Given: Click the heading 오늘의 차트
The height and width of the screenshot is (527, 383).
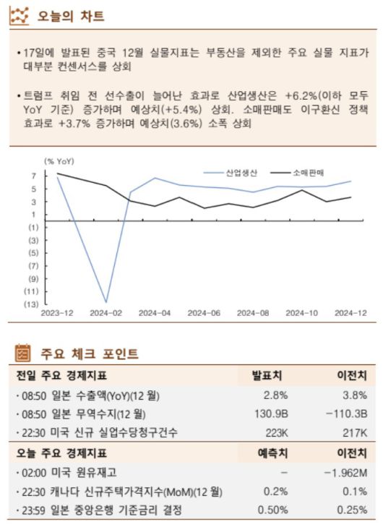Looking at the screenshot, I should [x=70, y=15].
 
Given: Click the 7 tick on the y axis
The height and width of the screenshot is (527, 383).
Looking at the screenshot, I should [x=33, y=176].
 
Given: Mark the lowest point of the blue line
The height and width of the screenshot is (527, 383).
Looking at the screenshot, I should [x=106, y=302].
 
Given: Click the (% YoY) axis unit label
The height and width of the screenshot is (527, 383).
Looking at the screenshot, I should [x=59, y=160].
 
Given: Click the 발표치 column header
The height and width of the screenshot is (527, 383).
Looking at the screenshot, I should [x=267, y=376].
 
